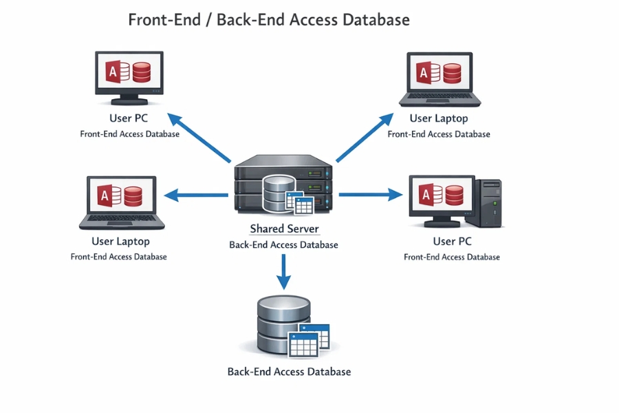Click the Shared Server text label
point(284,229)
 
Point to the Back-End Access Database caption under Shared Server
point(283,245)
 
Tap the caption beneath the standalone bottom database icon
point(289,372)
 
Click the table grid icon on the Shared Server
point(299,204)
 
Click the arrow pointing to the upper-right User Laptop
point(365,138)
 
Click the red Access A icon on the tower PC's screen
point(428,195)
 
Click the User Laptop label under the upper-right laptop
point(438,118)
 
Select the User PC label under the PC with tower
point(452,242)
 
